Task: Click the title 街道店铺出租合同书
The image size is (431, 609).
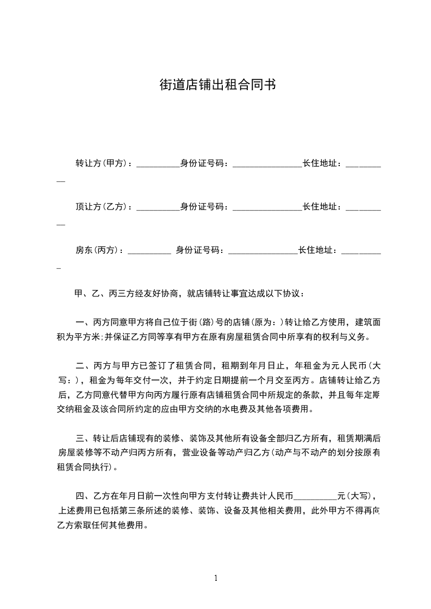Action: pos(215,85)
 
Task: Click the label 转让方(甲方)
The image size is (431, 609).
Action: pos(101,163)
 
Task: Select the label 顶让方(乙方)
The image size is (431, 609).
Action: pos(101,206)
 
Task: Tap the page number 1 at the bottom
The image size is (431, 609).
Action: pos(216,578)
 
